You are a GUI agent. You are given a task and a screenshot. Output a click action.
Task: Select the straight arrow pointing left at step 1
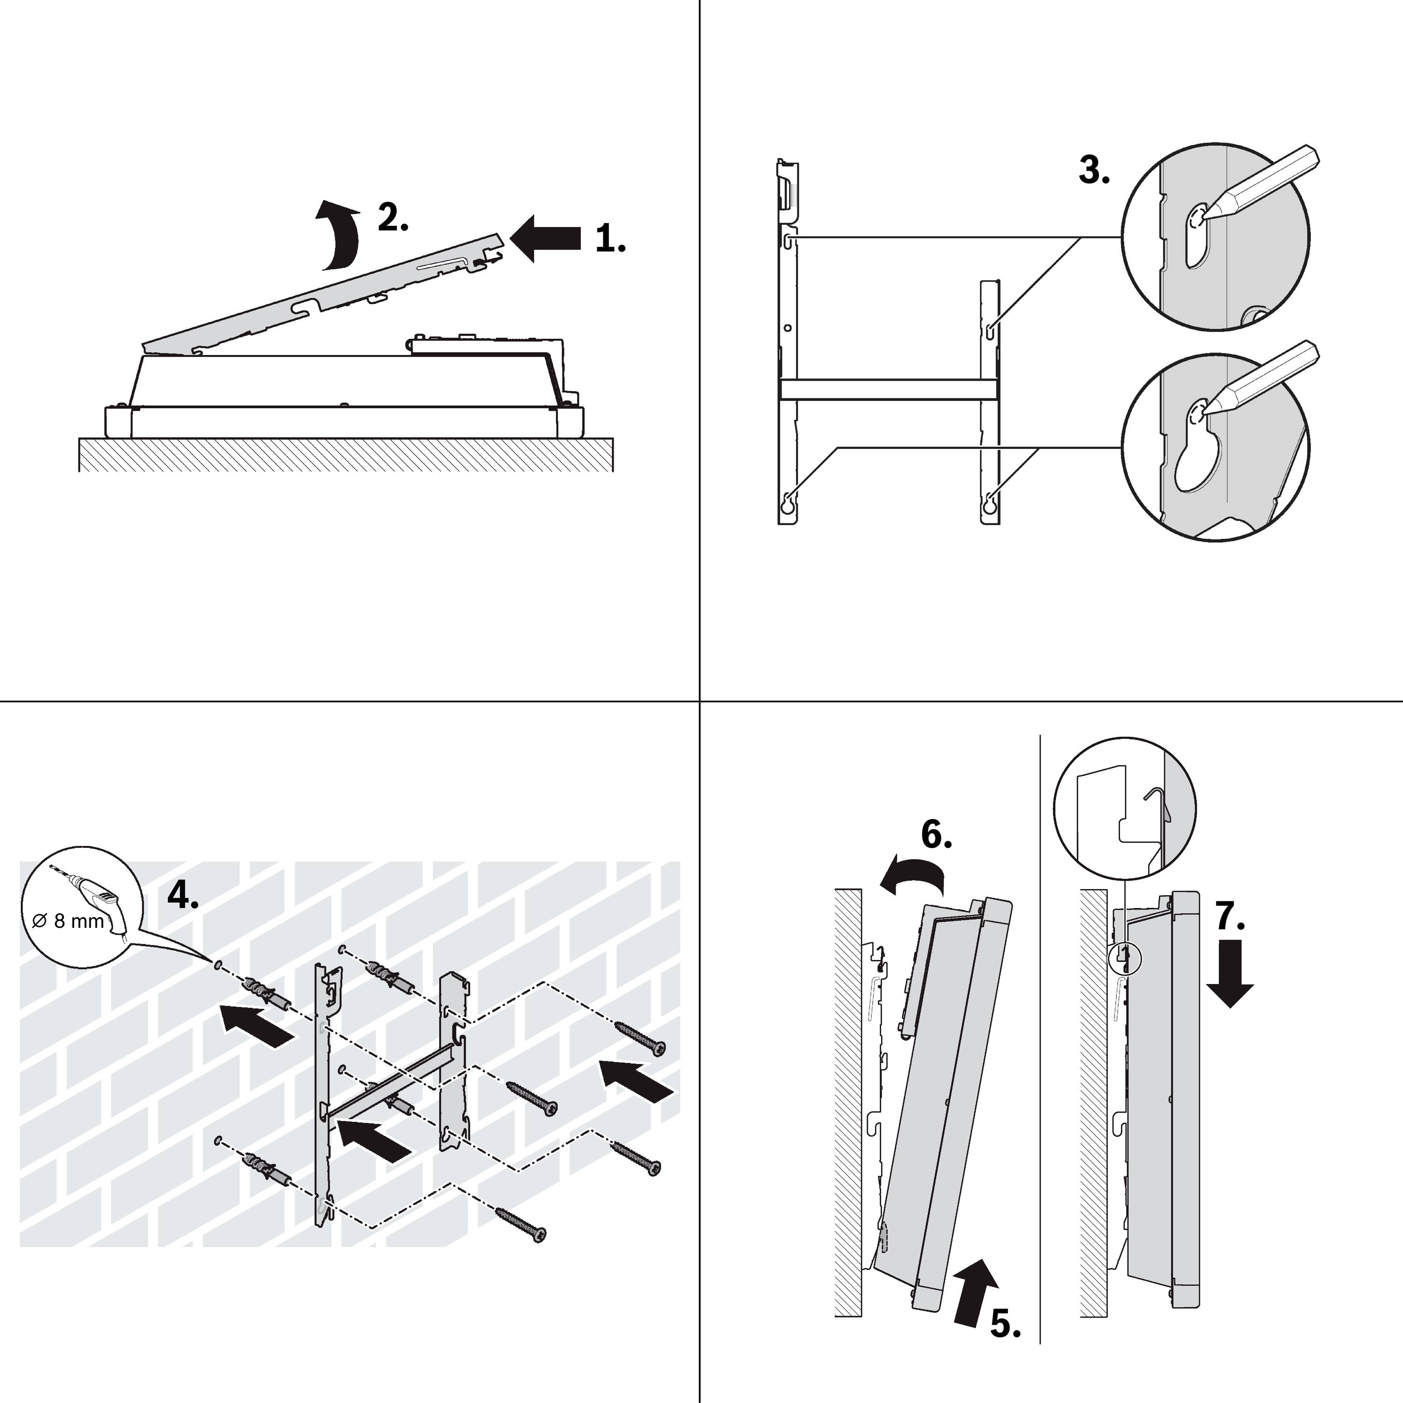(546, 238)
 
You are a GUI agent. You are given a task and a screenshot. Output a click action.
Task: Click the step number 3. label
(1094, 171)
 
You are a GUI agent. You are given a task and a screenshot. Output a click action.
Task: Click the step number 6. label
(936, 836)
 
